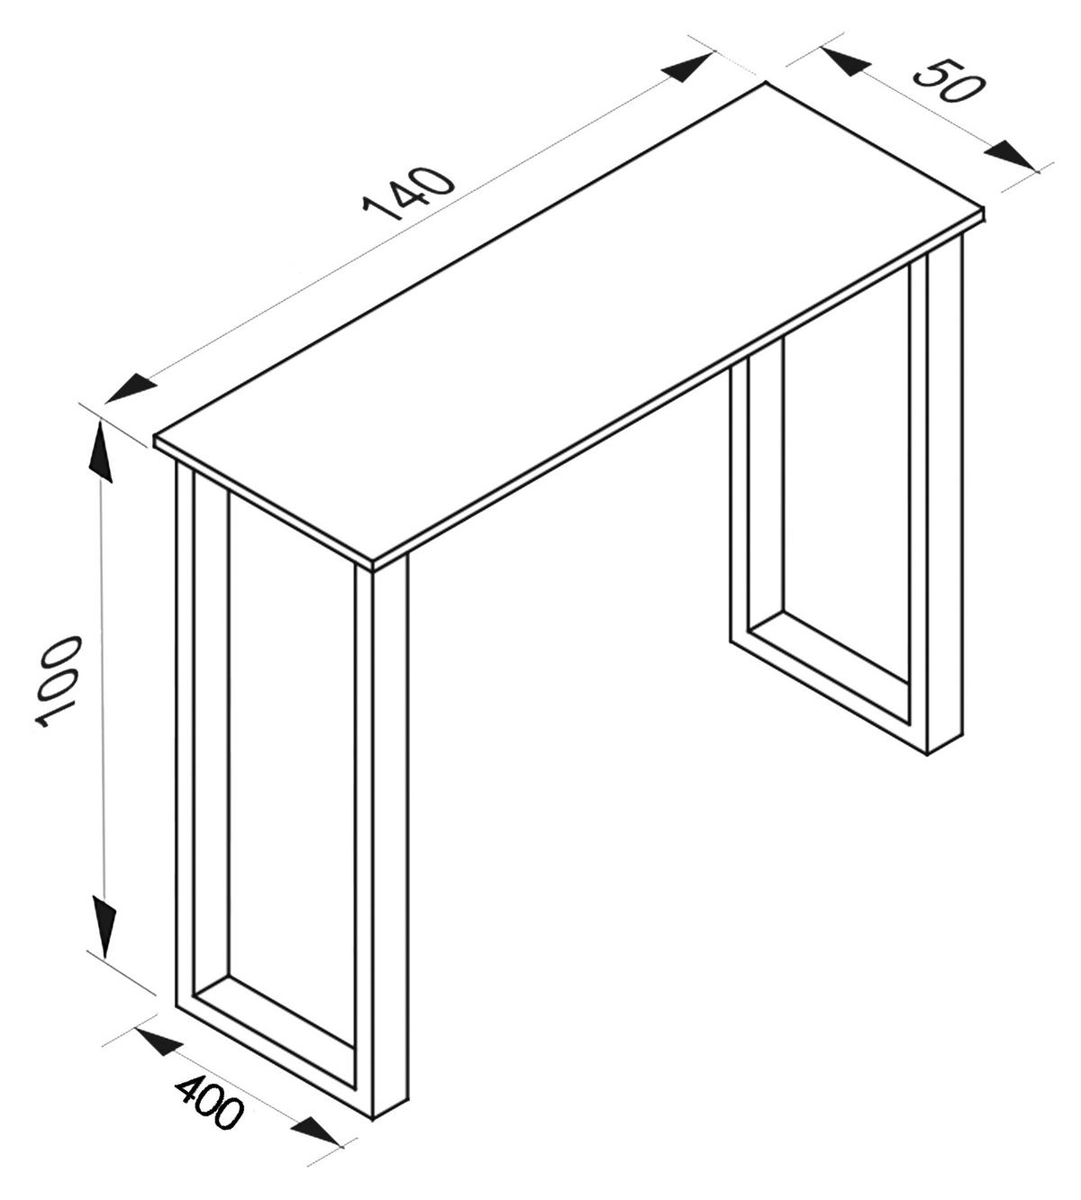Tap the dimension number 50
tap(945, 81)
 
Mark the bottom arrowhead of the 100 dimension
tap(104, 923)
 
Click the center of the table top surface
tap(568, 324)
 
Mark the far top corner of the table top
tap(767, 84)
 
